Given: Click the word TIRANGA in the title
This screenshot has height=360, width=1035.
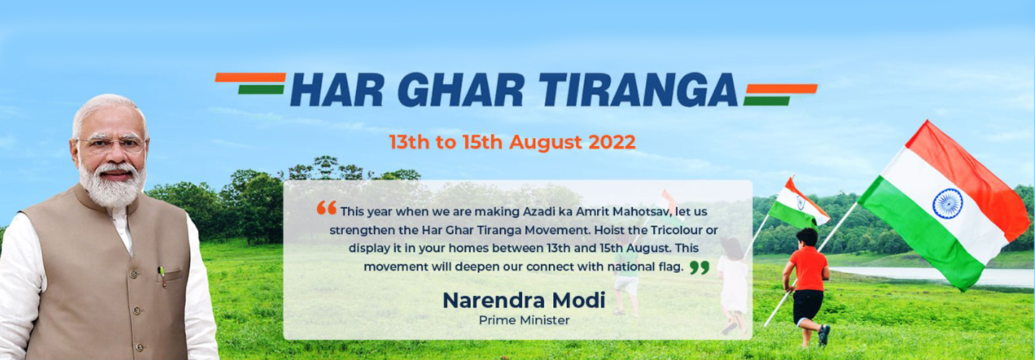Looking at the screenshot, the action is click(638, 90).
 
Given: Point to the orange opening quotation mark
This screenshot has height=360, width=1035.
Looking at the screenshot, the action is click(327, 208).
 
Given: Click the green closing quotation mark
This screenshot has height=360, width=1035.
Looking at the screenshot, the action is click(699, 268).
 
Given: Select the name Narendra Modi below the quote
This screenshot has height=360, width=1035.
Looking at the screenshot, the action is click(524, 300).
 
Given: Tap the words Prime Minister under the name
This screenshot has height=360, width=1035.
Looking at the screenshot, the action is click(524, 320).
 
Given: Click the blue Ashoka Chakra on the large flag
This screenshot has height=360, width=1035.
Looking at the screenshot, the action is click(948, 203).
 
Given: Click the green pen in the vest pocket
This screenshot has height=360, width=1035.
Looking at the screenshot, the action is click(162, 276).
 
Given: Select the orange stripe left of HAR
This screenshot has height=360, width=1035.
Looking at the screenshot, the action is click(250, 78).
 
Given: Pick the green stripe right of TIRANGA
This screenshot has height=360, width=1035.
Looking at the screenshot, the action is click(766, 101).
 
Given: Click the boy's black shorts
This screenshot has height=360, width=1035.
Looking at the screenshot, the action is click(807, 307).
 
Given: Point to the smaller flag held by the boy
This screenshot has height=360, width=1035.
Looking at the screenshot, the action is click(799, 204).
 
